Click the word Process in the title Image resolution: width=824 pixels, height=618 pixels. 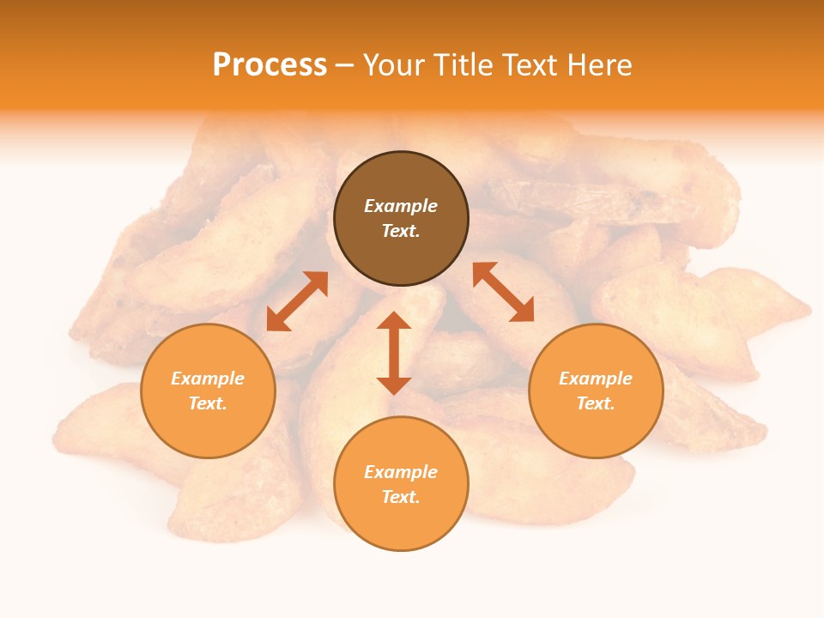tap(270, 65)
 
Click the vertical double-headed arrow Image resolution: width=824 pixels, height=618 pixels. tap(394, 353)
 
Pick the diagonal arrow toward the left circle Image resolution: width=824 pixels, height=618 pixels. tap(297, 301)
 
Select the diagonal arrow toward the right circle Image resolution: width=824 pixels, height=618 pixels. tap(503, 292)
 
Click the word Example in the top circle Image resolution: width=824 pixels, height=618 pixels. tap(401, 206)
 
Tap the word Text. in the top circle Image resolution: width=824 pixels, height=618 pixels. tap(401, 231)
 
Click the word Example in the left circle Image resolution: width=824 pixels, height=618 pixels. tap(208, 379)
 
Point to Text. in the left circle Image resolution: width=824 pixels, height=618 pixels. tap(208, 403)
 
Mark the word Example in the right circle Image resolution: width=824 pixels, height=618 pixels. tap(596, 379)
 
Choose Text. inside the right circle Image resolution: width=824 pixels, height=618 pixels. tap(596, 403)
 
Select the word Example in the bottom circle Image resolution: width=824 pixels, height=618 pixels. tap(401, 472)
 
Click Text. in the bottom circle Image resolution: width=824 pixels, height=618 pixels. tap(401, 497)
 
